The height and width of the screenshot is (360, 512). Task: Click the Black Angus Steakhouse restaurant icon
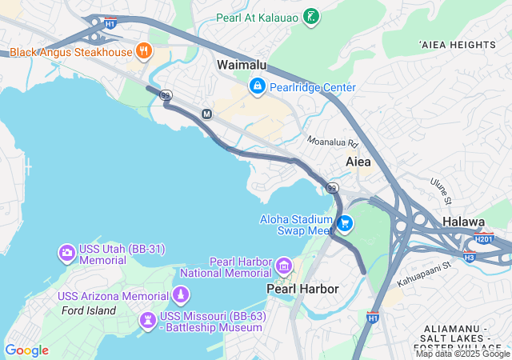pos(144,52)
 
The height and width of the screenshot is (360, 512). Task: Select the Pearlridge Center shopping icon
pos(258,86)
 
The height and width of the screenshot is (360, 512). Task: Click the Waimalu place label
pos(242,65)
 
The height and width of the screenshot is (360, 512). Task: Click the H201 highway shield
pos(484,238)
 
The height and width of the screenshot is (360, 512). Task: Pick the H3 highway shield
pos(470,257)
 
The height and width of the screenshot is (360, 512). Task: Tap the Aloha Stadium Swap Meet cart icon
pos(345,223)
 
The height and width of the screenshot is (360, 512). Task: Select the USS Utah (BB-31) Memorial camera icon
pos(67,254)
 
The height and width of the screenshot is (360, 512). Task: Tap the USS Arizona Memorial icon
pos(182,296)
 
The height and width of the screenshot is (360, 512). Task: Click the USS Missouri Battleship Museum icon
pos(148,320)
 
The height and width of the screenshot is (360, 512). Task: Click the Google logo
pos(26,350)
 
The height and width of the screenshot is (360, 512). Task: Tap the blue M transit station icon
pos(206,114)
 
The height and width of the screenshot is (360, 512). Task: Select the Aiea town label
pos(358,162)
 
